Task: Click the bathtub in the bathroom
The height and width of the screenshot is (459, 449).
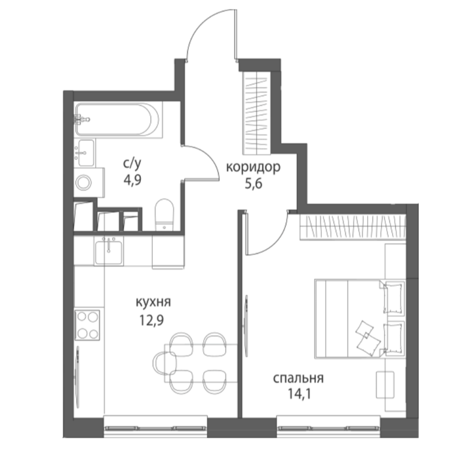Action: [117, 119]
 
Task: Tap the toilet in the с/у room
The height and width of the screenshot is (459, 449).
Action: [165, 214]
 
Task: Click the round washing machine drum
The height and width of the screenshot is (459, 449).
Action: [84, 183]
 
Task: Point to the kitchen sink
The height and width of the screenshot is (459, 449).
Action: [109, 251]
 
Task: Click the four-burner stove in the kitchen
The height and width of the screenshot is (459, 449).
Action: [87, 325]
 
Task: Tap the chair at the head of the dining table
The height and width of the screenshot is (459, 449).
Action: [164, 363]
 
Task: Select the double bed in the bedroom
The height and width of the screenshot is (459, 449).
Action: [360, 319]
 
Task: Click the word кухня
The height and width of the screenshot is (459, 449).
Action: [153, 302]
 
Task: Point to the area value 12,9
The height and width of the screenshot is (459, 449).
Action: [151, 320]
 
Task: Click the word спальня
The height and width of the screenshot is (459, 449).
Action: [298, 378]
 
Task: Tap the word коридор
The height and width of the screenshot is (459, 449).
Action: [254, 167]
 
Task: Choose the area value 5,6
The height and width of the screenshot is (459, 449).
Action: [253, 184]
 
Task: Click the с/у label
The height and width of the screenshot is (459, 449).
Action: [132, 164]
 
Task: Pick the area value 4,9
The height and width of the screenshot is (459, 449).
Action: [132, 180]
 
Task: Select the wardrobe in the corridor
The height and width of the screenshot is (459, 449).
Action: [256, 113]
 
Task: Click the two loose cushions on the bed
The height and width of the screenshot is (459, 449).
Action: [368, 338]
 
